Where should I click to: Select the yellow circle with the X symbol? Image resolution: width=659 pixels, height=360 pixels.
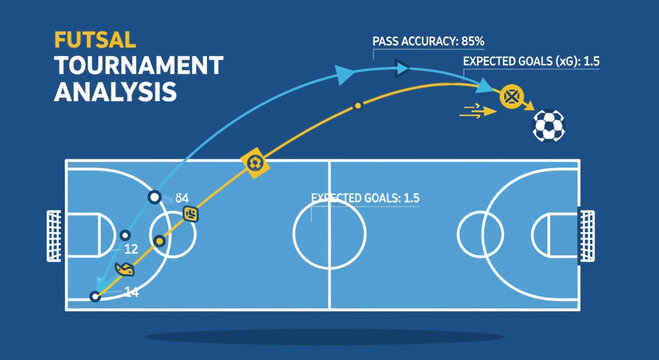pos(513,97)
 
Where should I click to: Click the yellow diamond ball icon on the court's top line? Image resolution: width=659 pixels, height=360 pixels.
pos(255,161)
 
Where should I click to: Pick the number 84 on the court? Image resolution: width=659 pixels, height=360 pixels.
pos(182,198)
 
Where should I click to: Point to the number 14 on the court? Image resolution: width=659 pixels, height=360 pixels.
pos(131,291)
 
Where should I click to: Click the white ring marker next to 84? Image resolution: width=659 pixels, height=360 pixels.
pos(155,198)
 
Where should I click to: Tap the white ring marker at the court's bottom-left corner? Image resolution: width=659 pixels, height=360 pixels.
pos(96,296)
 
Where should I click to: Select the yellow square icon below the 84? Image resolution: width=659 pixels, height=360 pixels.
pos(191,214)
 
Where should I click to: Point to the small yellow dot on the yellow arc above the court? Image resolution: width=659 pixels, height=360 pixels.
pos(358,105)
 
